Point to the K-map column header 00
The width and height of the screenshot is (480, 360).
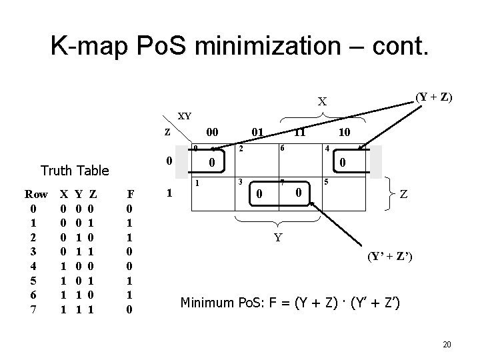[x=213, y=133]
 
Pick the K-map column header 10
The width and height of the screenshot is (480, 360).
[x=346, y=133]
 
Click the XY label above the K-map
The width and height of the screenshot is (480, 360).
[x=184, y=115]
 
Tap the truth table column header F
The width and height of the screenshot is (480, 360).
[x=131, y=195]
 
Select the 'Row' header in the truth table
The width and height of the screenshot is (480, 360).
[x=36, y=195]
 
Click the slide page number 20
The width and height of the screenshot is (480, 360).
[x=447, y=344]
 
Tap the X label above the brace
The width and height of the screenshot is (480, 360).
[x=322, y=102]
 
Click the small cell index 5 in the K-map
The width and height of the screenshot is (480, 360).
[x=326, y=182]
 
